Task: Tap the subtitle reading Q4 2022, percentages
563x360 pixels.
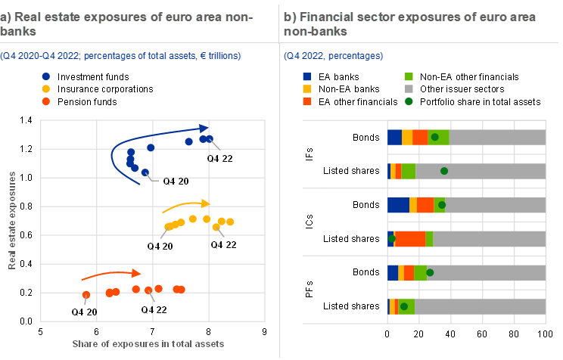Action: (x=333, y=56)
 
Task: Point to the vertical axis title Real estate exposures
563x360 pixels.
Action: (x=13, y=220)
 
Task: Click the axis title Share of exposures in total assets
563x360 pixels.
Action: (x=148, y=344)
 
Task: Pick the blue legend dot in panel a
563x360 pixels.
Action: (x=46, y=76)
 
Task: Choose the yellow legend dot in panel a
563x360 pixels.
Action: (x=46, y=88)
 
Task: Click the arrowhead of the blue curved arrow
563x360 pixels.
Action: (x=204, y=128)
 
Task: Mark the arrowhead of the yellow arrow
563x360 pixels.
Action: (x=207, y=203)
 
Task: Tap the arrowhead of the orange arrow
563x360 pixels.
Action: (x=137, y=272)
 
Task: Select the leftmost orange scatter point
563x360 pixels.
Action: (x=86, y=295)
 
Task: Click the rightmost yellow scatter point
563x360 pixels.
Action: (x=231, y=222)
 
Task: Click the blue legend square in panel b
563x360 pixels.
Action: (x=306, y=76)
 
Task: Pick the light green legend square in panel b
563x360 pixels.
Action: (x=409, y=76)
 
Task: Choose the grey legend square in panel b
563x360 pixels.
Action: (x=409, y=88)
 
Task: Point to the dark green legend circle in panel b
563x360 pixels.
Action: (x=409, y=101)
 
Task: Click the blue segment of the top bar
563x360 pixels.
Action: (x=394, y=137)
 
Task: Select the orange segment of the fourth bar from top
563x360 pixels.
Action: (x=410, y=239)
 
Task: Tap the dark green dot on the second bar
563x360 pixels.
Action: (x=444, y=171)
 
